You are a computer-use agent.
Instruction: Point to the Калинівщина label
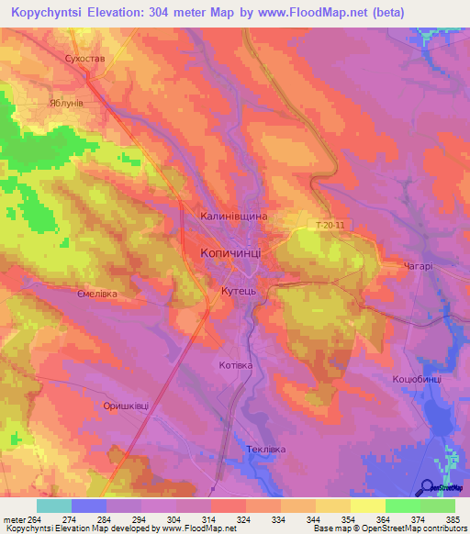234,216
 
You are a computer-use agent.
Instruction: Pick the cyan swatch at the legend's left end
53,506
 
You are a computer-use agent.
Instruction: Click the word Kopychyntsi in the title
54,12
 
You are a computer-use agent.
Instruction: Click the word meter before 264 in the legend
13,518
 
